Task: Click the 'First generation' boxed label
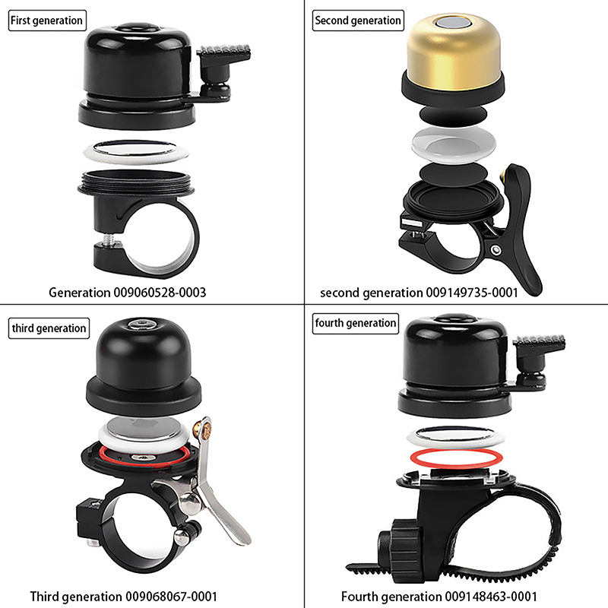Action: pos(47,21)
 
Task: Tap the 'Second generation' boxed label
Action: pos(358,21)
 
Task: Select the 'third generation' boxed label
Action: pos(49,328)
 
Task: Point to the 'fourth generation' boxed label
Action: pos(356,324)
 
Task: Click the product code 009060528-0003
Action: pos(160,293)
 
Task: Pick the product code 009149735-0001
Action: pos(472,293)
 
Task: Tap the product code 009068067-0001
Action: pos(170,597)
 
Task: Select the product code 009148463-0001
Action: pos(491,597)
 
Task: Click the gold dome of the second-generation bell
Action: pos(453,50)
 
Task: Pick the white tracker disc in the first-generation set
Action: pos(136,151)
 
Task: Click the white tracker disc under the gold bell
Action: pos(454,144)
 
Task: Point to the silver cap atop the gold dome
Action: pos(454,23)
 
